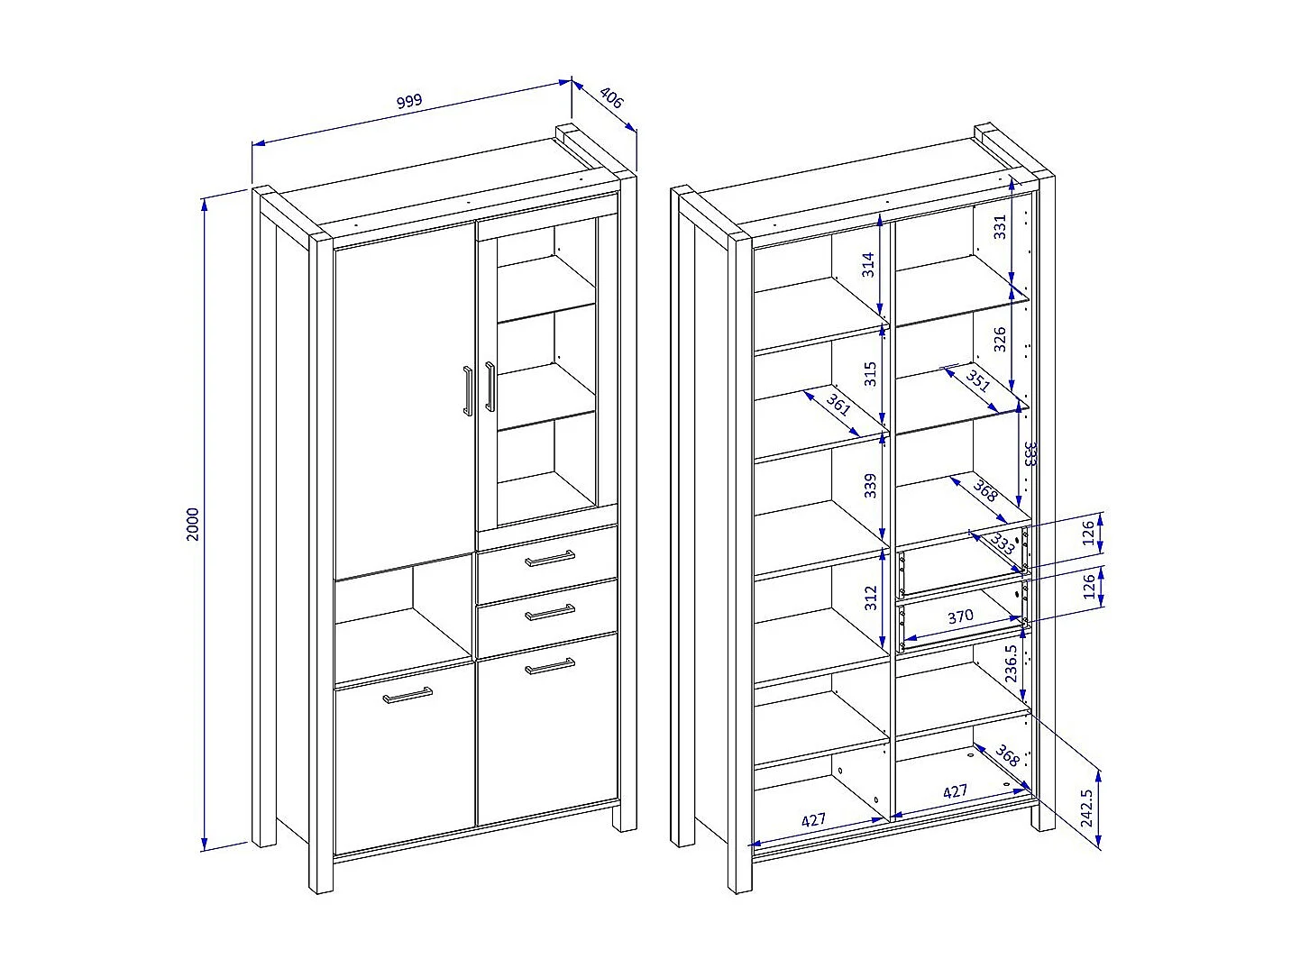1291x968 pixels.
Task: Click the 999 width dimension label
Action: [x=409, y=100]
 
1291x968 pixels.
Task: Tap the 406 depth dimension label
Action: [x=611, y=99]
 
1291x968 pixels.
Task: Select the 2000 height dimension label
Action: [x=192, y=524]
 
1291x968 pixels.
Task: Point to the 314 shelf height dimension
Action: [x=867, y=264]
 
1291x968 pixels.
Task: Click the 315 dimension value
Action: [x=869, y=373]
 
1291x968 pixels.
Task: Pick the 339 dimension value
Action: [x=869, y=485]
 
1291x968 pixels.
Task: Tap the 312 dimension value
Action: [x=869, y=598]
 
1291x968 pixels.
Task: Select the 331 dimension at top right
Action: [x=1000, y=225]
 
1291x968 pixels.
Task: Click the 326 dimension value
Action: [x=1000, y=338]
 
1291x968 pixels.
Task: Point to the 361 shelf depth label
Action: [x=838, y=406]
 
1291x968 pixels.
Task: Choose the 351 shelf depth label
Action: [x=978, y=382]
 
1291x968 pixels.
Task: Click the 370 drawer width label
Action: [x=960, y=616]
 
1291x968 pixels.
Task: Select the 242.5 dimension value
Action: [x=1086, y=808]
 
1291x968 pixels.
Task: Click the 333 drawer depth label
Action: [x=1003, y=543]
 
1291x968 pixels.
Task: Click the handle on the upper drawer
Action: [x=550, y=559]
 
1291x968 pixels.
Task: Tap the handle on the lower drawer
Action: [x=550, y=613]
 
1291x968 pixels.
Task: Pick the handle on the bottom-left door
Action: [x=407, y=695]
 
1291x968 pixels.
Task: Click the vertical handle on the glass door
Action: [x=490, y=387]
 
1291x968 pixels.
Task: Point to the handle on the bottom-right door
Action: [x=550, y=667]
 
